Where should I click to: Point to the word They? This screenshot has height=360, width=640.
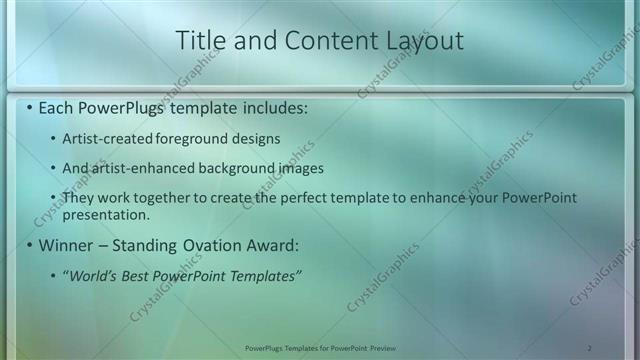click(80, 198)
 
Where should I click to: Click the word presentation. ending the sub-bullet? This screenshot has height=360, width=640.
click(105, 214)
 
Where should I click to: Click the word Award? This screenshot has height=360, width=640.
click(272, 245)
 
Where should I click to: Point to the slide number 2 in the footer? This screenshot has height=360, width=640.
click(589, 347)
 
